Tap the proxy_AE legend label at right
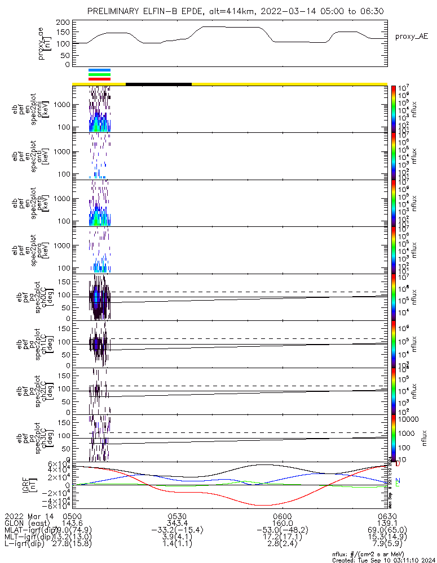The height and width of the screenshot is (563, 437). pyautogui.click(x=411, y=36)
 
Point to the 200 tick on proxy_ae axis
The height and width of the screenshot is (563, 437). pyautogui.click(x=63, y=22)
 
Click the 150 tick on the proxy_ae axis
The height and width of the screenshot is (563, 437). pyautogui.click(x=63, y=33)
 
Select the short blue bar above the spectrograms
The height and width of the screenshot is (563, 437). pyautogui.click(x=99, y=70)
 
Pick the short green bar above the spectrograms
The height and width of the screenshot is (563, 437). pyautogui.click(x=99, y=74)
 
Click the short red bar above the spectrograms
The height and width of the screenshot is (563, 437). pyautogui.click(x=99, y=79)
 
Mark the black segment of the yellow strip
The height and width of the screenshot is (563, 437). pyautogui.click(x=158, y=84)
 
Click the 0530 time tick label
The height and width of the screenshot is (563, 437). pyautogui.click(x=177, y=516)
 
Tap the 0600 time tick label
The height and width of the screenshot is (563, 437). pyautogui.click(x=281, y=516)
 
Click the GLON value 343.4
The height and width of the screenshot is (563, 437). pyautogui.click(x=177, y=523)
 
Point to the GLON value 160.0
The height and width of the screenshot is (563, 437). pyautogui.click(x=281, y=523)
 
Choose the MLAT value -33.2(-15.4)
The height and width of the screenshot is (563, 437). pyautogui.click(x=177, y=530)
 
